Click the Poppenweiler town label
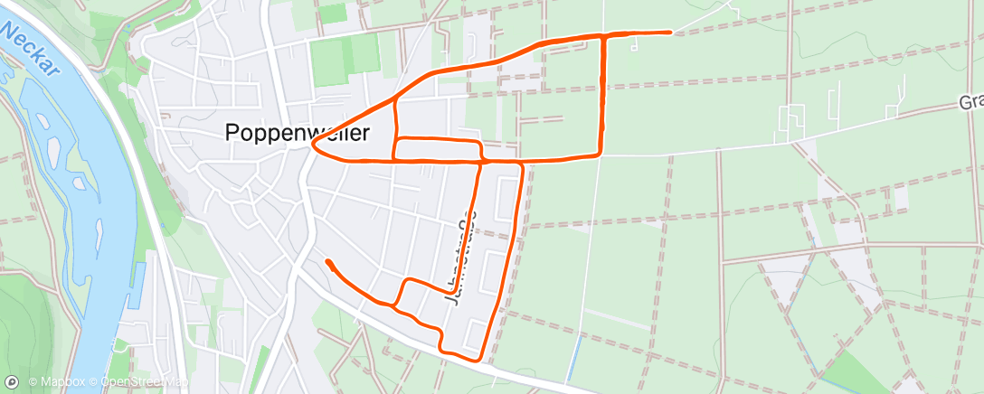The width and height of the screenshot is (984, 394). [297, 133]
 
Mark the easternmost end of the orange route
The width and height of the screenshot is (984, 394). [670, 33]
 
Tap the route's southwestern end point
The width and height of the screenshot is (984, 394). [328, 261]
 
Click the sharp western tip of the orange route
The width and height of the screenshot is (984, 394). [313, 143]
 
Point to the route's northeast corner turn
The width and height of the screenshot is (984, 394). [604, 35]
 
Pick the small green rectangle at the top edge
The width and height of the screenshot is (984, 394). [331, 13]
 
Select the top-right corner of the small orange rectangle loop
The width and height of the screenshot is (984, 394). [478, 142]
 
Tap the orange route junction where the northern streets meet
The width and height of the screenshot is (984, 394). [395, 98]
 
